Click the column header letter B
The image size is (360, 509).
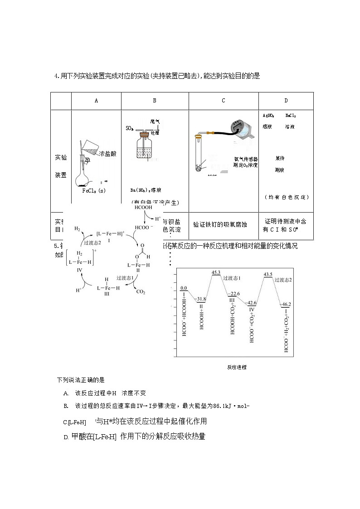point(155,101)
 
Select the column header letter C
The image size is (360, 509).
point(223,101)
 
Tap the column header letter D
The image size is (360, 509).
point(286,101)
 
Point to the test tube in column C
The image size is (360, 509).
point(198,156)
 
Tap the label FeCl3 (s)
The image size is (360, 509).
point(93,191)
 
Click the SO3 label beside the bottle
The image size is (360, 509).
point(129,129)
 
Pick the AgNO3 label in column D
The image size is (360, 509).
point(268,116)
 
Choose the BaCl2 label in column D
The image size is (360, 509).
point(291,116)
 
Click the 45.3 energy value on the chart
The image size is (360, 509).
point(216,272)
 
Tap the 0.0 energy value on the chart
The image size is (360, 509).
point(184,288)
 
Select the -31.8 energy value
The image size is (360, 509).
point(200,299)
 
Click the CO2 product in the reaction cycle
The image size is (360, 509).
point(141,292)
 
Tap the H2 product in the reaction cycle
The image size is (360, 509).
point(77,229)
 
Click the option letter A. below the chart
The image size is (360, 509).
point(66,393)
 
